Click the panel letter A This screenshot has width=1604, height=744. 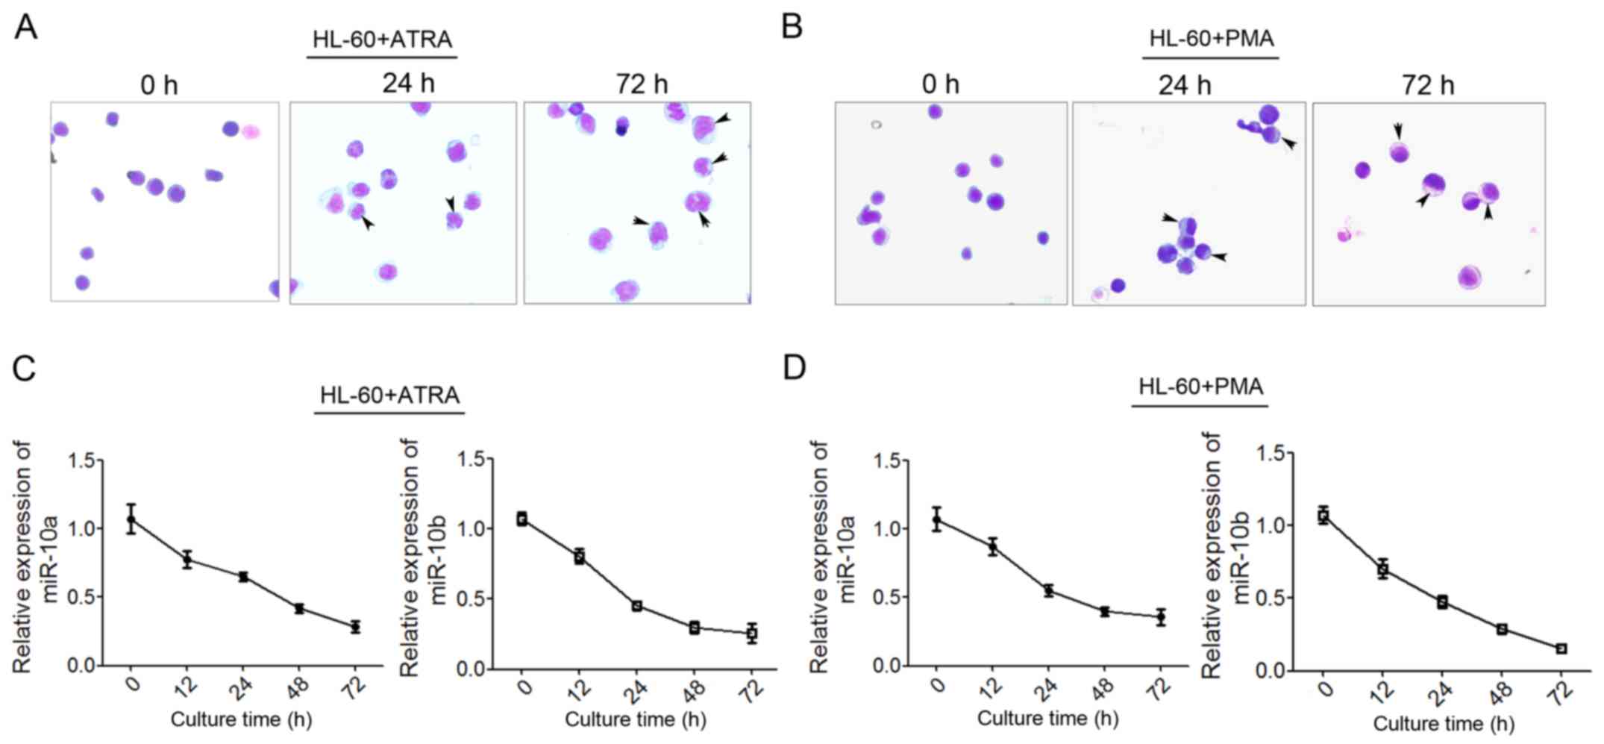coord(25,28)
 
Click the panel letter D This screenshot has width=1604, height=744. coord(795,367)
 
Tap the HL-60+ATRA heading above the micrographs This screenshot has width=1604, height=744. coord(382,39)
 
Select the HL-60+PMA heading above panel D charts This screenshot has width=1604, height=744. coord(1200,387)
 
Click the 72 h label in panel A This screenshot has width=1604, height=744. coord(641,84)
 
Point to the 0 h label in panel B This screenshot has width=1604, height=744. coord(940,84)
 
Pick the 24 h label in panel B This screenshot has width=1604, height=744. coord(1184,85)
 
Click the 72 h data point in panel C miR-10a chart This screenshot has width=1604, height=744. coord(355,626)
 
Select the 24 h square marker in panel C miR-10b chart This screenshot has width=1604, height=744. coord(637,605)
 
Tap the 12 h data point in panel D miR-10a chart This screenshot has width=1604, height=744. coord(992,547)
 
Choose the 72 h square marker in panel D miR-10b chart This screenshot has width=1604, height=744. coord(1561,648)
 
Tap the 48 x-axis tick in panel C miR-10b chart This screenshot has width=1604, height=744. coord(694,690)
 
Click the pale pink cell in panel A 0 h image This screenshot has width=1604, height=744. coord(250,132)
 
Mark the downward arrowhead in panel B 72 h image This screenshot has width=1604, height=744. coord(1397,131)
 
